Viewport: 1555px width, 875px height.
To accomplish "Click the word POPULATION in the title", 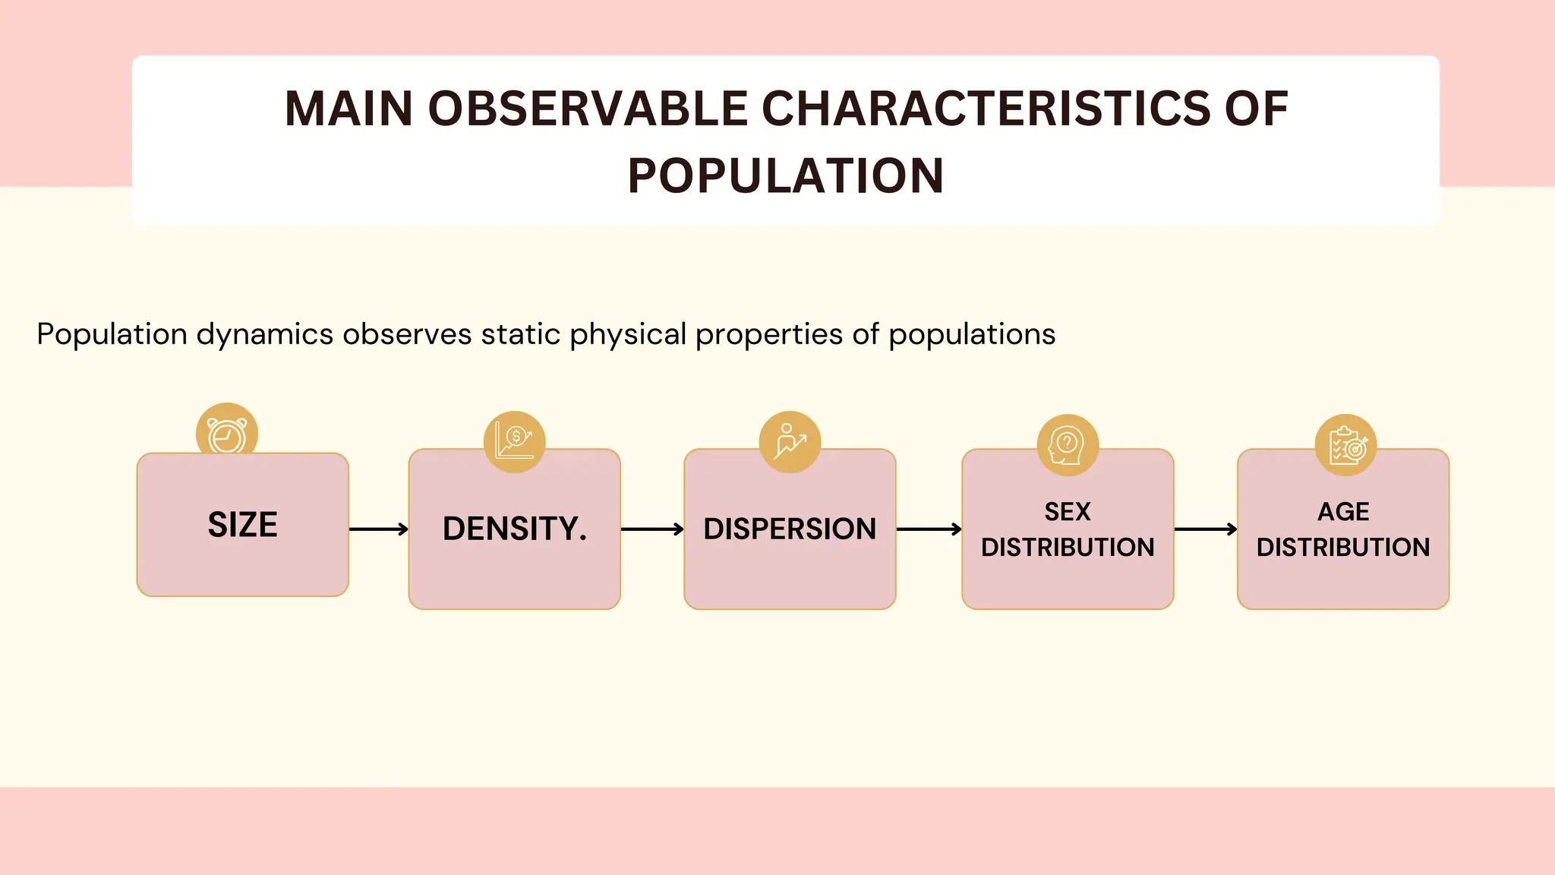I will (786, 176).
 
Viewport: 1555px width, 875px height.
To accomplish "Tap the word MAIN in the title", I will (349, 109).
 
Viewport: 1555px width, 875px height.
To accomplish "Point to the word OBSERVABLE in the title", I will (588, 109).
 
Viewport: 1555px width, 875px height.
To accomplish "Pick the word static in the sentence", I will (520, 334).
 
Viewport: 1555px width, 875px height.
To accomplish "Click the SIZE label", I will (243, 525).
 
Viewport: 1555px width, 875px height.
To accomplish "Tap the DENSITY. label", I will (515, 529).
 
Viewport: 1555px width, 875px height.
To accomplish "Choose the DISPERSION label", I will (790, 529).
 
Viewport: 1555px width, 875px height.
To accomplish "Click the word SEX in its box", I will (1067, 512).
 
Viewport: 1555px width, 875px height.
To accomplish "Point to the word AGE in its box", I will (1342, 512).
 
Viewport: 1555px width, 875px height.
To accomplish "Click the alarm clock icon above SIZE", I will (227, 434).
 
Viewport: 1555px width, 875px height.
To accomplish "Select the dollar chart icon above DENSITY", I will (515, 442).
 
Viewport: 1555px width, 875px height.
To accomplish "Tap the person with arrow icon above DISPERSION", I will (790, 442).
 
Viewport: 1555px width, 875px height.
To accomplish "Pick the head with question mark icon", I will (1067, 445).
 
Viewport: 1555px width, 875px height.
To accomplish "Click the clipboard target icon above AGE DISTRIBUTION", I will (1345, 445).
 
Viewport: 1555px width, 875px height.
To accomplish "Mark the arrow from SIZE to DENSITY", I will (379, 529).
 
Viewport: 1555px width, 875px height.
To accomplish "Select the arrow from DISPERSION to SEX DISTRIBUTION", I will (929, 529).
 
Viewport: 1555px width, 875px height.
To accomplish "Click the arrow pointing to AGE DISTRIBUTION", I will (1206, 529).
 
